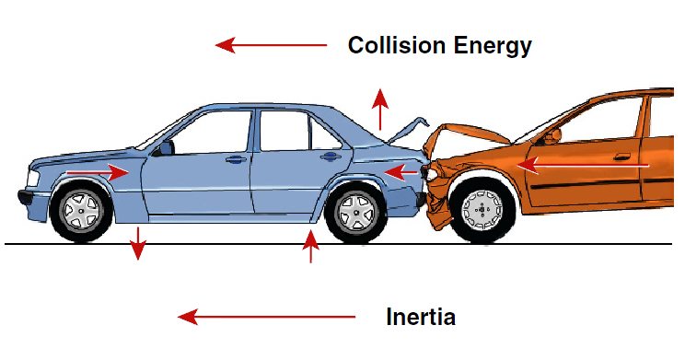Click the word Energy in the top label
pos(493,46)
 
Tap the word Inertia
pos(421,317)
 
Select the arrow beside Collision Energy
pos(271,45)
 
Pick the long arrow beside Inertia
pos(266,317)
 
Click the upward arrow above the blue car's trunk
pos(380,110)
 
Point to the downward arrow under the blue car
pos(138,243)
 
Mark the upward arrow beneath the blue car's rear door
pos(310,247)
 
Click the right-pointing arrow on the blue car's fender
pos(98,172)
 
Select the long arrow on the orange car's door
pos(583,166)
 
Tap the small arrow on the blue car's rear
pos(401,172)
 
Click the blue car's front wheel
pos(81,212)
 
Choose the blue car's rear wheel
pos(356,213)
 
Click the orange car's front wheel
pos(482,210)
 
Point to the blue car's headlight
pos(33,179)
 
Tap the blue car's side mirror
pos(165,147)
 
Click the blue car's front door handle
pos(236,159)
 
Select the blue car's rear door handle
pos(331,156)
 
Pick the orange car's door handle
pos(621,157)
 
